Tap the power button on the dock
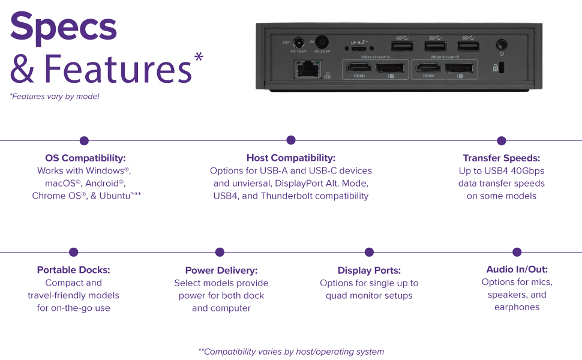coord(502,44)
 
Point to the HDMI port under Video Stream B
coord(428,67)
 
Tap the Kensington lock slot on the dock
coord(502,68)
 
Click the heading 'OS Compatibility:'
coord(85,158)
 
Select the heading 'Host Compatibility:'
coord(291,158)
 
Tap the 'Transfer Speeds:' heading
coord(502,158)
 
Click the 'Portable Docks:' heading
coord(74,270)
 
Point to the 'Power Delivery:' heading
coord(221,271)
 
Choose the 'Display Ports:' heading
coord(369,271)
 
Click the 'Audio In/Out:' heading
coord(517,269)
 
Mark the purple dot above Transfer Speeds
coord(502,140)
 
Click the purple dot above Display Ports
coord(369,253)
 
